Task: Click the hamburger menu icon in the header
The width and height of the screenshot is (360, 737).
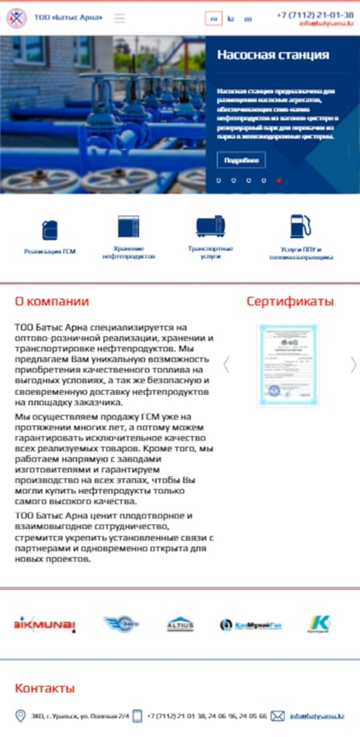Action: [x=119, y=18]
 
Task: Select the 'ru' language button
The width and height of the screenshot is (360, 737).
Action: [x=214, y=19]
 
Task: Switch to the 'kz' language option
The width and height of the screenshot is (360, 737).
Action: [x=231, y=19]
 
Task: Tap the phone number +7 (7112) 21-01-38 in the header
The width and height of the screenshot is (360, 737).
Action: [x=315, y=15]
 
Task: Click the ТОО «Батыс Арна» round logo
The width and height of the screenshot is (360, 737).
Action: [x=17, y=18]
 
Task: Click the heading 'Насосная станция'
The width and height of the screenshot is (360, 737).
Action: [x=273, y=55]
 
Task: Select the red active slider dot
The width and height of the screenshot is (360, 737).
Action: [x=279, y=180]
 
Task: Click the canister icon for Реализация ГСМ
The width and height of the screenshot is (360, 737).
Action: [x=50, y=230]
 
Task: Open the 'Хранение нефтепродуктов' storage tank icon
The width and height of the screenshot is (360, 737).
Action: [x=128, y=226]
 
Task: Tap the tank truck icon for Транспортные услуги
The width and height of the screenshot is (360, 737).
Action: [x=210, y=226]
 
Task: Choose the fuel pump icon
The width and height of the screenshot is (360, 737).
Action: [x=300, y=226]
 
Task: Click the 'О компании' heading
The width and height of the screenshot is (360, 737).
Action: [x=52, y=301]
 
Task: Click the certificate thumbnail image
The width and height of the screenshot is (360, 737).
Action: [x=288, y=364]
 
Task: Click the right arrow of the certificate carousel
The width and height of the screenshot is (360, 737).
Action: [x=353, y=364]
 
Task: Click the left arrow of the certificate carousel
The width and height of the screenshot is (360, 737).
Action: [x=226, y=364]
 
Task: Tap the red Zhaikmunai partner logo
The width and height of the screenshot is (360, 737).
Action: [x=45, y=624]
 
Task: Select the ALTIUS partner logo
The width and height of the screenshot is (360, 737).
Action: [x=180, y=624]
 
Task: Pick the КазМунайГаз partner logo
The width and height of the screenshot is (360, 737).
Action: [x=251, y=625]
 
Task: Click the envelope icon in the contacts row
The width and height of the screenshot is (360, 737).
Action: [x=278, y=716]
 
